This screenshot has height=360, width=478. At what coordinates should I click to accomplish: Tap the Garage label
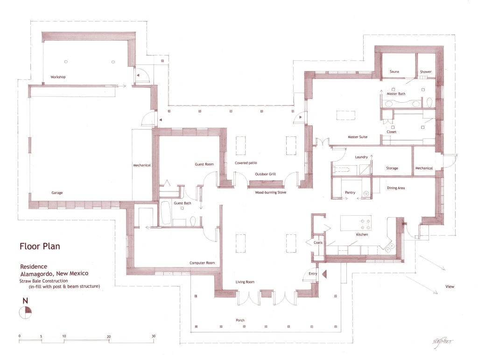[x=57, y=192]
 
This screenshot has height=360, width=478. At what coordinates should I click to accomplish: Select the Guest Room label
[x=204, y=164]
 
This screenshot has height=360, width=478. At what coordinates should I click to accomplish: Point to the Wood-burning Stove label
[x=270, y=192]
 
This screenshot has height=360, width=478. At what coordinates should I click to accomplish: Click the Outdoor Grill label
[x=265, y=174]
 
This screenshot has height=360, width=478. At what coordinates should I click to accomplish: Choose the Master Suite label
[x=357, y=137]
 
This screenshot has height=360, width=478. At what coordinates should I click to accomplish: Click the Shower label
[x=425, y=72]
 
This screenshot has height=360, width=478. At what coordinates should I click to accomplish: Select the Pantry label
[x=350, y=192]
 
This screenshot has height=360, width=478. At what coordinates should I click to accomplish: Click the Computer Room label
[x=202, y=263]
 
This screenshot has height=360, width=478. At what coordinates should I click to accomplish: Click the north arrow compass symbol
[x=25, y=312]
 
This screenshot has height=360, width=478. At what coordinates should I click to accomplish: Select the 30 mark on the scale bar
[x=153, y=336]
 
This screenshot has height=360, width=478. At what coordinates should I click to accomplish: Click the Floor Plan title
[x=39, y=246]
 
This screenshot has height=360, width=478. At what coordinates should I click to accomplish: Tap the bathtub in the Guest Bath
[x=166, y=213]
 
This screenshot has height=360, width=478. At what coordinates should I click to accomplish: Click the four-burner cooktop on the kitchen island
[x=364, y=223]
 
